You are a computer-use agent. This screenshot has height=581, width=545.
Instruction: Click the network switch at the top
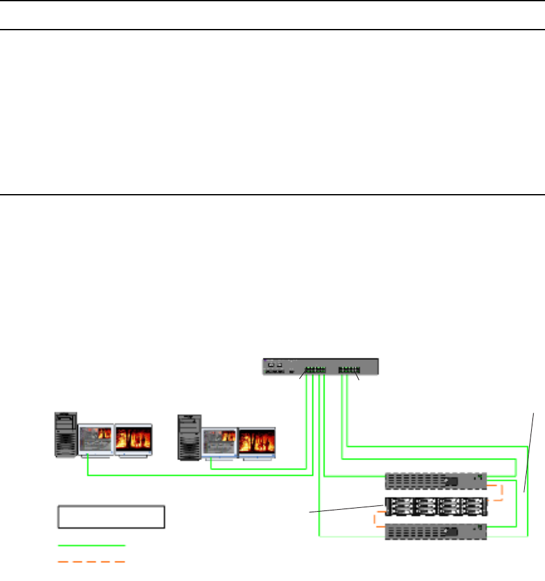click(x=320, y=367)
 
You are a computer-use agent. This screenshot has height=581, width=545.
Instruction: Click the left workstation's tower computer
click(x=66, y=434)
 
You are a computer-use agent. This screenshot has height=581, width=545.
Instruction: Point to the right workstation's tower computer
click(x=188, y=437)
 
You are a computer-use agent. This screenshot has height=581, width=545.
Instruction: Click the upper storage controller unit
click(x=435, y=481)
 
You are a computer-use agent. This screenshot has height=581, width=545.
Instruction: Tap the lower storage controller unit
click(x=435, y=531)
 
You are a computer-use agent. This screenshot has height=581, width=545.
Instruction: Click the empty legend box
click(x=112, y=516)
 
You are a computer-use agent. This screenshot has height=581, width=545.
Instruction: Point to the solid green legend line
click(x=92, y=545)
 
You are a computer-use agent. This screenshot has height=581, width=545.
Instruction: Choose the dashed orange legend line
click(x=92, y=561)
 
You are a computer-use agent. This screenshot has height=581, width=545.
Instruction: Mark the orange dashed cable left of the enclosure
click(x=376, y=520)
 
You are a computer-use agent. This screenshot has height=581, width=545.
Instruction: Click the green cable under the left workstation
click(x=189, y=475)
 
